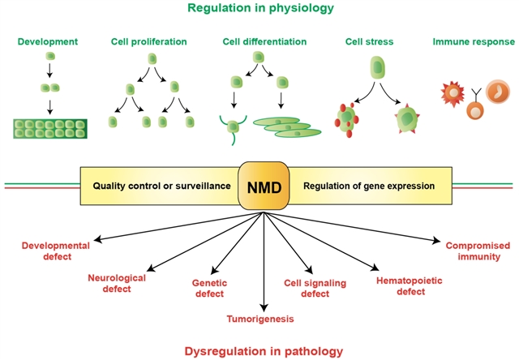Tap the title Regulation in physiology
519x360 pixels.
pyautogui.click(x=259, y=9)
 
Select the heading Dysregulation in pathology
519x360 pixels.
pyautogui.click(x=261, y=351)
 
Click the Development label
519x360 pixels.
pyautogui.click(x=49, y=40)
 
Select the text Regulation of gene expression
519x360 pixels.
pyautogui.click(x=369, y=186)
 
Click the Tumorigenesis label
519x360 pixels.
pyautogui.click(x=262, y=318)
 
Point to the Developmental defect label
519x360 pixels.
pyautogui.click(x=57, y=250)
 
